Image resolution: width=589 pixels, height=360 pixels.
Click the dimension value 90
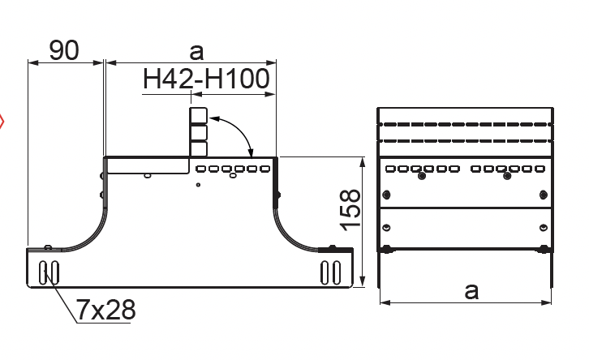(x=64, y=50)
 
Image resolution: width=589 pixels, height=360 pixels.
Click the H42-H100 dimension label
(x=206, y=79)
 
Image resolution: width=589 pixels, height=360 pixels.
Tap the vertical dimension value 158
(x=350, y=210)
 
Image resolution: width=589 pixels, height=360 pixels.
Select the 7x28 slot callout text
(x=105, y=310)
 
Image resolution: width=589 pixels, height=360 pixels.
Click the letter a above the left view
(x=196, y=52)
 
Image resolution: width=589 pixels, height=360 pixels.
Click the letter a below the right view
(x=471, y=291)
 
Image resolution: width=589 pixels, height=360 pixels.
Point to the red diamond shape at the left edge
(x=1, y=122)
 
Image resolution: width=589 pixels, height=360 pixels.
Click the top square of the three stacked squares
(x=198, y=116)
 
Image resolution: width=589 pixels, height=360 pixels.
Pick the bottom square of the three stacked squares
(x=198, y=148)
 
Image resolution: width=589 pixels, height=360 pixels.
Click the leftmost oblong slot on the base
(x=44, y=272)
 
